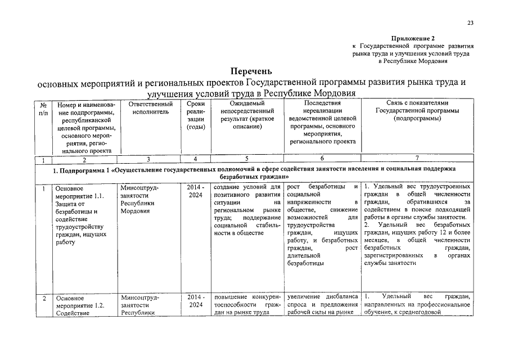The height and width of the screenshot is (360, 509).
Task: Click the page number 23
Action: pos(470,23)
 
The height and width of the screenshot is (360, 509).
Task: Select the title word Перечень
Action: pos(251,71)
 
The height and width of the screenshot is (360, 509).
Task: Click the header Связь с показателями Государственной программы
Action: pos(417,111)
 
